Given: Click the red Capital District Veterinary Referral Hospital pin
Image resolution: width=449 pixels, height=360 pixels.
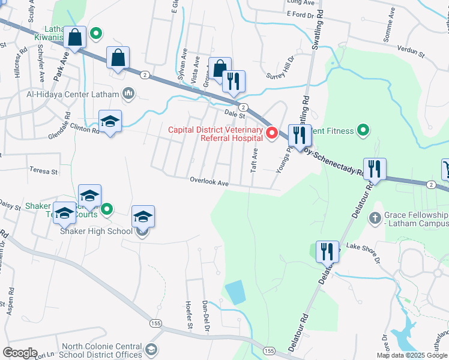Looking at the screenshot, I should [271, 133].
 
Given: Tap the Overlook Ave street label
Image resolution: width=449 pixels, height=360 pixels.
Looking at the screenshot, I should [209, 180].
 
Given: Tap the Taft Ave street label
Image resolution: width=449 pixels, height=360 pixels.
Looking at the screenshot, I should [254, 161].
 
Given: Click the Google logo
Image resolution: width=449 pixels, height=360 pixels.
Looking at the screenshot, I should [20, 353].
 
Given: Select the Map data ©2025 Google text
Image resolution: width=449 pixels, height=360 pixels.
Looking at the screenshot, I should [412, 355].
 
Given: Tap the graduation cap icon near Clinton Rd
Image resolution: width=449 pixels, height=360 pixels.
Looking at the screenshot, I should [110, 122].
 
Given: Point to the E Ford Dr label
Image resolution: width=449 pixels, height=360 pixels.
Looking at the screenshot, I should [301, 14].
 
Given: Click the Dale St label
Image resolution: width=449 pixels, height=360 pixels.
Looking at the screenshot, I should [235, 113].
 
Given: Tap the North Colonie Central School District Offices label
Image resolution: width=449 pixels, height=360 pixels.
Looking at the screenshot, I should [103, 350].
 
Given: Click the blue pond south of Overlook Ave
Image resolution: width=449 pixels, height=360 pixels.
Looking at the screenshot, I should [235, 292].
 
